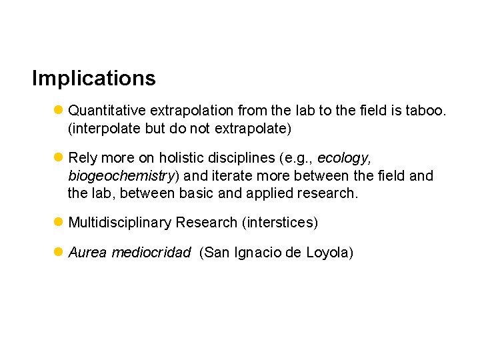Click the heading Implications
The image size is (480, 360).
coord(93,79)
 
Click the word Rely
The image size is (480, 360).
coord(82,158)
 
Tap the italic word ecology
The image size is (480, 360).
coord(343,158)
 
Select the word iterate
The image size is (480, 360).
coord(237,176)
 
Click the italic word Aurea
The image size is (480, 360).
coord(87,253)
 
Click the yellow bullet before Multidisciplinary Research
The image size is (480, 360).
coord(59,221)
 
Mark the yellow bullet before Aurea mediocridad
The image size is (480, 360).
coord(59,252)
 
